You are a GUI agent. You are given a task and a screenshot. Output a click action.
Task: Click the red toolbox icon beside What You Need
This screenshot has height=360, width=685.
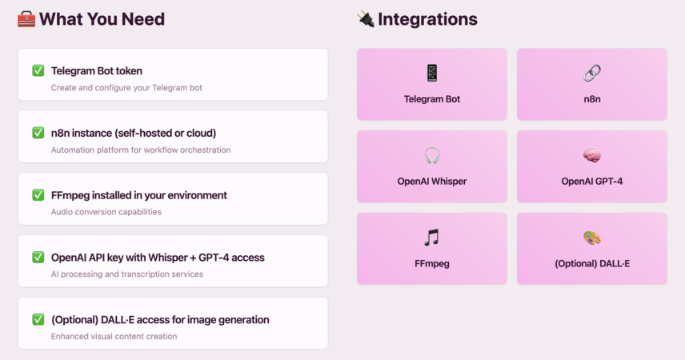26,19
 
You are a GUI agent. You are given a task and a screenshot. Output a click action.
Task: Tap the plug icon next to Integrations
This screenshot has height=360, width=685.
366,19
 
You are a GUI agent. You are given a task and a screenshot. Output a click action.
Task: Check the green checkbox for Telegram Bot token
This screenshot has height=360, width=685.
38,70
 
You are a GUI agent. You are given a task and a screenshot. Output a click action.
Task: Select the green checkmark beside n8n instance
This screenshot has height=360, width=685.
38,132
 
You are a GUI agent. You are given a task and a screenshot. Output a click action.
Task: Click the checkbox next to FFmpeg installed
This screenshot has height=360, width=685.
38,195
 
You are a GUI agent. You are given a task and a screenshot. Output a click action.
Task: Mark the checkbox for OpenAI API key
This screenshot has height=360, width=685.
38,257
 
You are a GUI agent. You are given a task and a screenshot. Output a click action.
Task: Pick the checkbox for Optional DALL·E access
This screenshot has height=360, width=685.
38,319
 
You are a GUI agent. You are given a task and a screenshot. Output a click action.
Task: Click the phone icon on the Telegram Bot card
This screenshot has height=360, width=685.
432,73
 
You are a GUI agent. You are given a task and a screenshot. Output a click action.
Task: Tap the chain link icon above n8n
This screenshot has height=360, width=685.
592,73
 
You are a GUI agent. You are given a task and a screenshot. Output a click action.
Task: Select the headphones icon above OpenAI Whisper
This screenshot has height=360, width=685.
432,155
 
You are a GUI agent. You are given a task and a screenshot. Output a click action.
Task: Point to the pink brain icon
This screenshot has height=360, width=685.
592,155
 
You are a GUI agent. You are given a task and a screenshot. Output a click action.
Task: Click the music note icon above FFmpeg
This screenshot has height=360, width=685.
431,238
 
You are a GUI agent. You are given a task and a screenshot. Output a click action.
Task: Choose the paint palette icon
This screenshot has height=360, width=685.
592,238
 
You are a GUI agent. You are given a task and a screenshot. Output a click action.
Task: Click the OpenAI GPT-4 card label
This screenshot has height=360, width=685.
592,182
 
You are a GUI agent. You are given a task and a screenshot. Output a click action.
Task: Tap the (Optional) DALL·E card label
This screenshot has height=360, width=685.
592,263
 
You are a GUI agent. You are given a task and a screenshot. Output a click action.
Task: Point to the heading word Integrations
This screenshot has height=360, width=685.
427,19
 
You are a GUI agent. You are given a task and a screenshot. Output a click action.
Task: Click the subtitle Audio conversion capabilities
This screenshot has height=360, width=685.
106,212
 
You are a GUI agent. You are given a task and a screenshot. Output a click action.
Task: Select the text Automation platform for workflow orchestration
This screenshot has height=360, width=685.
141,150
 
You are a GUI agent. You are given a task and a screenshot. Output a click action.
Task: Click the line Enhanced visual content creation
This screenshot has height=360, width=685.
114,337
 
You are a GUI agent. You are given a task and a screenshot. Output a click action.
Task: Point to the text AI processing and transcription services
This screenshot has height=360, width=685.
127,274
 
